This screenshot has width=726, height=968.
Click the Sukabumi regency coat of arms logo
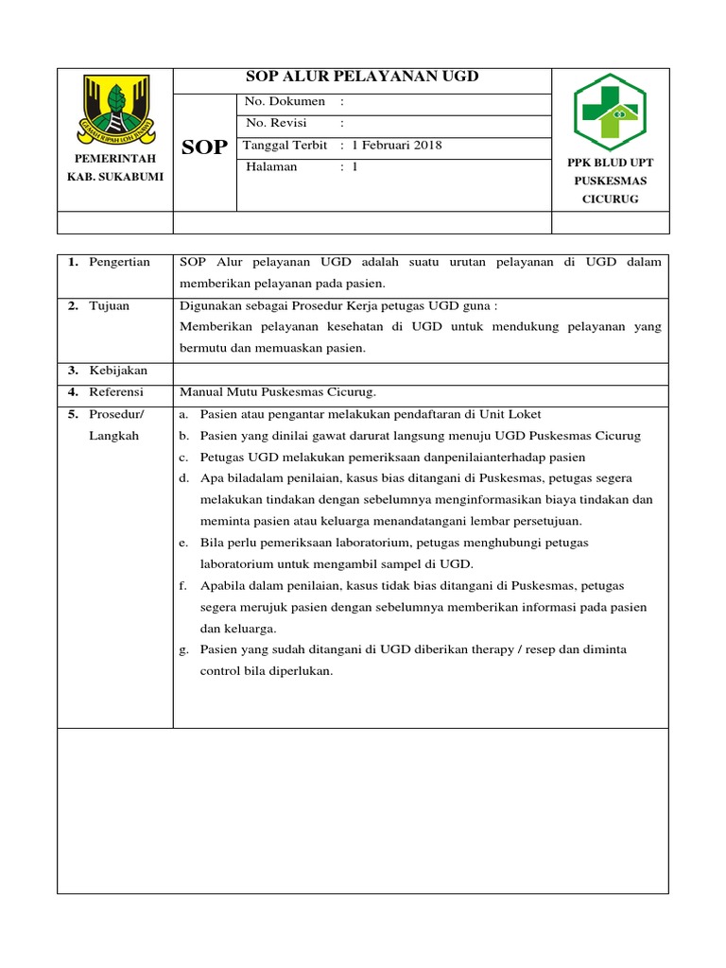[116, 107]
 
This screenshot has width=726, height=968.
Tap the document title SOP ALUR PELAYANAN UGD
[361, 78]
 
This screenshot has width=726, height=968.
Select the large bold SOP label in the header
[204, 147]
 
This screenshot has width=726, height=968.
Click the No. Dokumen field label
[285, 101]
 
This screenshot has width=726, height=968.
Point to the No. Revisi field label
[276, 123]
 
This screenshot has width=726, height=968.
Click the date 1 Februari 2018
[396, 146]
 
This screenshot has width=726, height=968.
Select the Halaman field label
[271, 167]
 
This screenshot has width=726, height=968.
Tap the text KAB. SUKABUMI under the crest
[115, 177]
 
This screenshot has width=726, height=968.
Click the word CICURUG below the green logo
[611, 199]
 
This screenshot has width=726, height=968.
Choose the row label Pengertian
[119, 263]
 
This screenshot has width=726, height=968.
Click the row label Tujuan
[110, 306]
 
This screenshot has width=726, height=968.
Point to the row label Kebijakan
[118, 371]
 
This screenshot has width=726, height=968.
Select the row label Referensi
[117, 392]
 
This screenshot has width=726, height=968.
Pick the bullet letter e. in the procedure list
[182, 543]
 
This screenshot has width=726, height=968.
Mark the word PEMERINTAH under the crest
[115, 159]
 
